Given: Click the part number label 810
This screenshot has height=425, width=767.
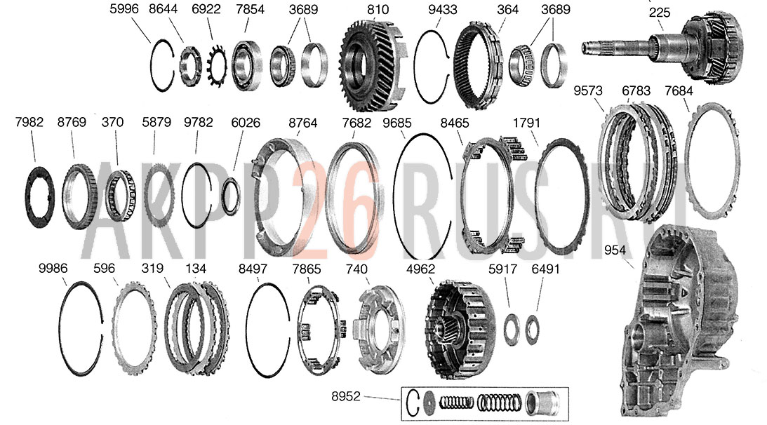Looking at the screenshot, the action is click(378, 9).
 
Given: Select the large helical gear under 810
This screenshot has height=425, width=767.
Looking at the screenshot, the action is click(373, 65).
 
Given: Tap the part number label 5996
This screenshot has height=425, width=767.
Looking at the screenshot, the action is click(124, 9).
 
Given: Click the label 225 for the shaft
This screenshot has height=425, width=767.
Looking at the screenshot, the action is click(660, 13).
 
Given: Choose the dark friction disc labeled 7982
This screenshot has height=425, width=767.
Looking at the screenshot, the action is click(39, 196).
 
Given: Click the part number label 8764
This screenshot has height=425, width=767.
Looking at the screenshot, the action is click(302, 123).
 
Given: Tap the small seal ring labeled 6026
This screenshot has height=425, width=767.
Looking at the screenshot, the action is click(231, 196).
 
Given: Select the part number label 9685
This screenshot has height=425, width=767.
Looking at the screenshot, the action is click(397, 123).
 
